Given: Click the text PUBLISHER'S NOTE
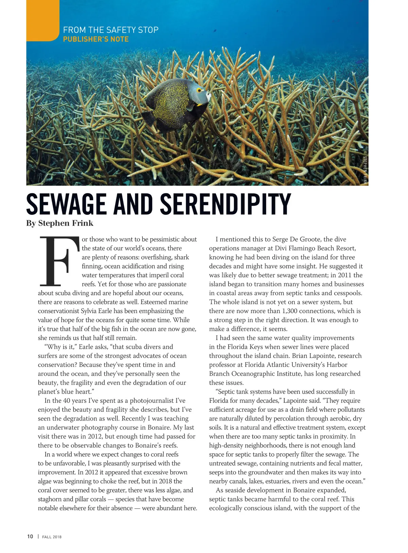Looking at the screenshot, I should (96, 39).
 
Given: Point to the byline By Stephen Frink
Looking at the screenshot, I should (60, 223).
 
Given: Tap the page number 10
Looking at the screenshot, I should (30, 537).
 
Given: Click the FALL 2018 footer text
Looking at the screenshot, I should (52, 537).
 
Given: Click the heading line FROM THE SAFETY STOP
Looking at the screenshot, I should (111, 30).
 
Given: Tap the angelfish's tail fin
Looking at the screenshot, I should (151, 117).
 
